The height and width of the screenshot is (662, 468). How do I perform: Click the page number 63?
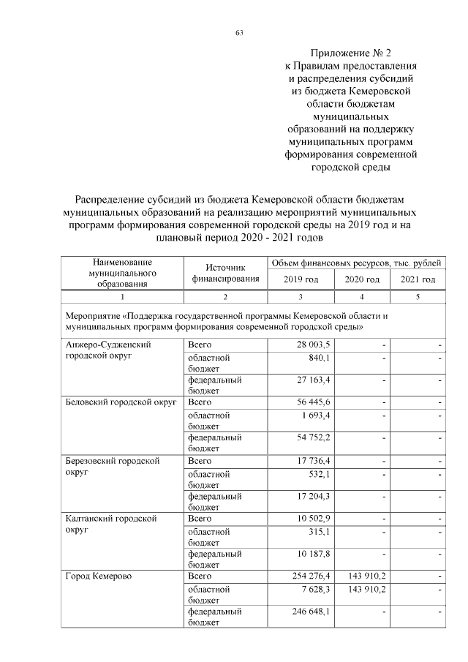pos(239,32)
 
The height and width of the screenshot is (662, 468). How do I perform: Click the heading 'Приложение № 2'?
pos(350,53)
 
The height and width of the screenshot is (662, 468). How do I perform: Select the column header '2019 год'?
pos(301,279)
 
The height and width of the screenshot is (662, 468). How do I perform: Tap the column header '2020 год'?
pos(362,279)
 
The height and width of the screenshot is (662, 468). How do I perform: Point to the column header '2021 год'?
pos(418,279)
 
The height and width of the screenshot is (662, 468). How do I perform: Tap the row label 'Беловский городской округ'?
pos(121,402)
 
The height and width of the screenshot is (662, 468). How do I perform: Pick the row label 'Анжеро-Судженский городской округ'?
pos(107,350)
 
